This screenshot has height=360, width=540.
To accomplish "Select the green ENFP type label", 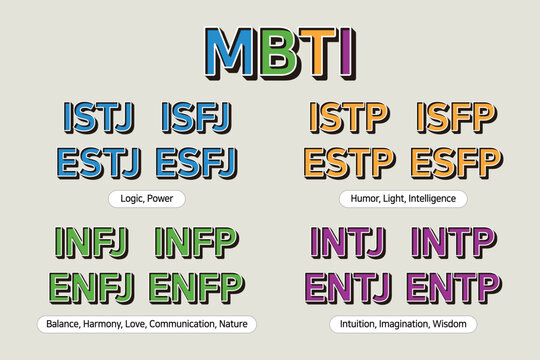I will (x=193, y=286).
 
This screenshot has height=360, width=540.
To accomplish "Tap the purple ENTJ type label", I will (x=351, y=286).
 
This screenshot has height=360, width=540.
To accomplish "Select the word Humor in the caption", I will (x=366, y=198).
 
